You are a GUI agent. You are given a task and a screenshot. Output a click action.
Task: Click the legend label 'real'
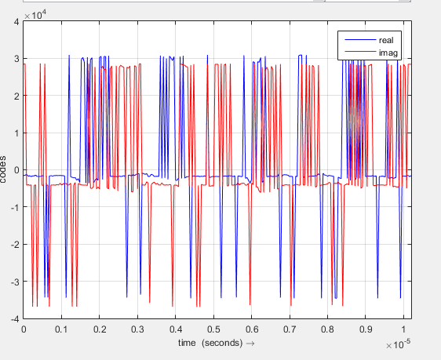coord(385,39)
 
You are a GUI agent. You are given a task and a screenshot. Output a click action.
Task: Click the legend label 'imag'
coord(386,52)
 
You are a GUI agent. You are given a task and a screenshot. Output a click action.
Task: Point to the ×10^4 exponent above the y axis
coord(35,14)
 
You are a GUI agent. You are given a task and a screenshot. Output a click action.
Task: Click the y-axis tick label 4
coord(16,22)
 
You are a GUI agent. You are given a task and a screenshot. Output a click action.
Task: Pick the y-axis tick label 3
coord(16,59)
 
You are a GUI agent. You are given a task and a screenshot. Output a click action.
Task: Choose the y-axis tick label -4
coord(14,319)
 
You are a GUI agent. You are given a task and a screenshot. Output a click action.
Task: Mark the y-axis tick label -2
coord(14,245)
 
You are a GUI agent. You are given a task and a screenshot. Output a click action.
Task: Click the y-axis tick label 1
coord(16,133)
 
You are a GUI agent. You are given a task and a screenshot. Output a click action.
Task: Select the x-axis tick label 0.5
coord(213,330)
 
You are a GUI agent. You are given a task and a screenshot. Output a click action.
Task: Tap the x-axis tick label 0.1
coord(61,330)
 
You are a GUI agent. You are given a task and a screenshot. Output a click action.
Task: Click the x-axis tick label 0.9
coord(365,330)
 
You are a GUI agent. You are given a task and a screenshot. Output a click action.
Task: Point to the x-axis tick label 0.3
coord(137,330)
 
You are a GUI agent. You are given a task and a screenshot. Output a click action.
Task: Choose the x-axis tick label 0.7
coord(289,330)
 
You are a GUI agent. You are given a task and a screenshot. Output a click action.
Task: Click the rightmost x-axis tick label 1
coord(403,330)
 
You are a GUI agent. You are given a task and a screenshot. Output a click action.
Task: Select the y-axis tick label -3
coord(14,282)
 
